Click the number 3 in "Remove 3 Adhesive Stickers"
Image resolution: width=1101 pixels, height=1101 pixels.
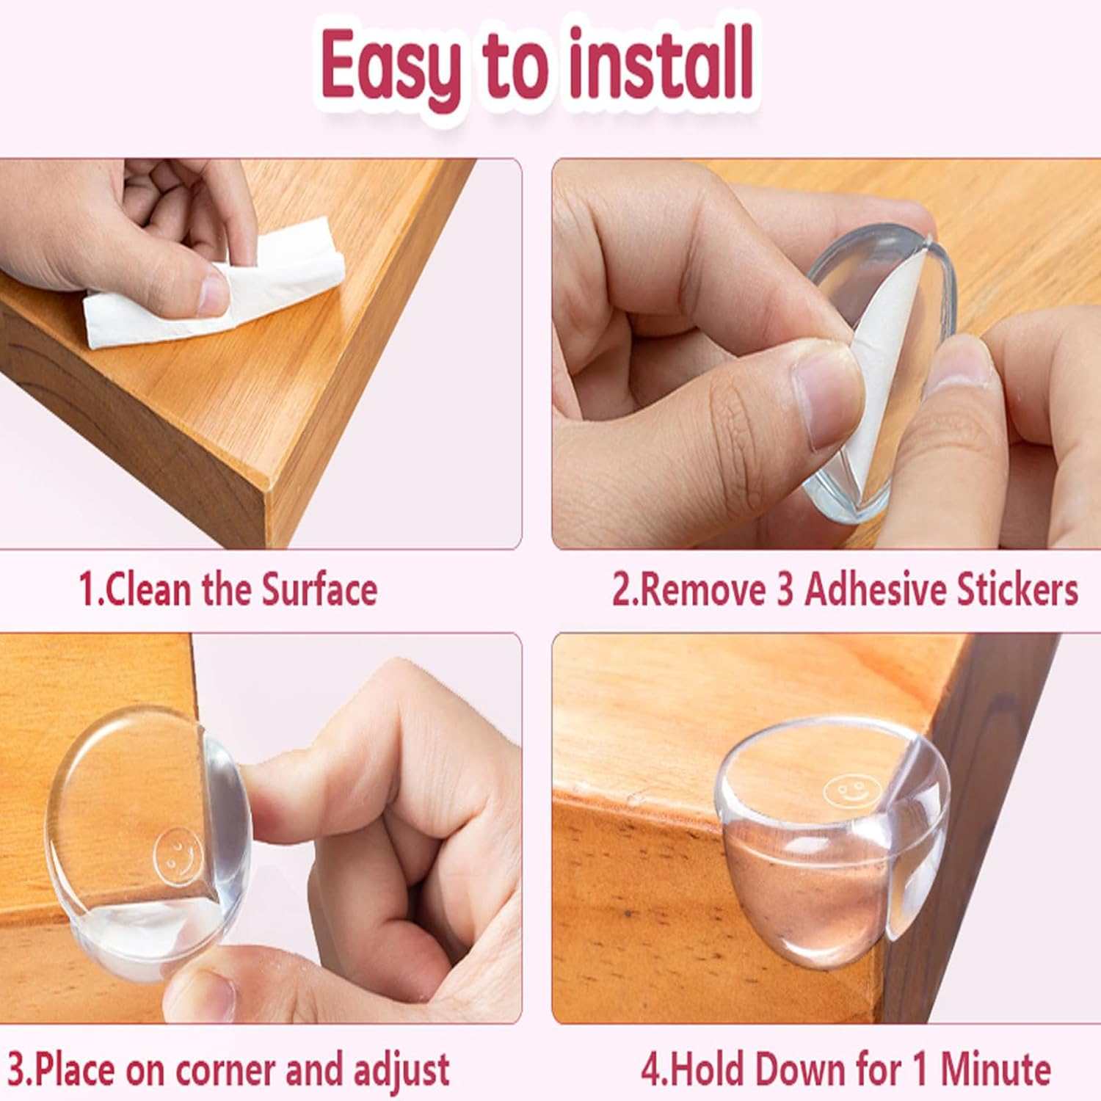click(785, 590)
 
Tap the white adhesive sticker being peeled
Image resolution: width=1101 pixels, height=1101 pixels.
click(873, 382)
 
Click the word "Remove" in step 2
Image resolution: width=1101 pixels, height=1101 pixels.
click(701, 590)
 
